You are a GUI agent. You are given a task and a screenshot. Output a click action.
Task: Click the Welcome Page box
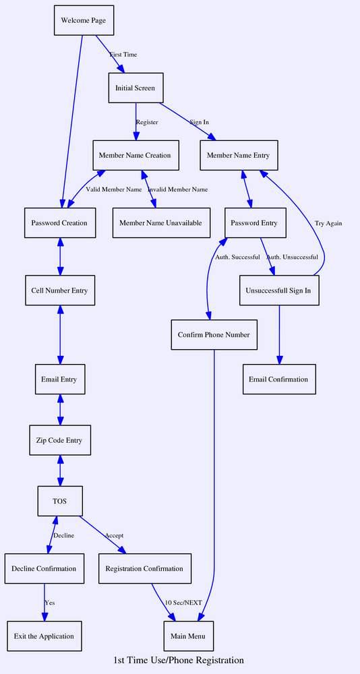click(x=83, y=21)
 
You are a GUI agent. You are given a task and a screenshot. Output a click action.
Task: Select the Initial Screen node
click(x=136, y=88)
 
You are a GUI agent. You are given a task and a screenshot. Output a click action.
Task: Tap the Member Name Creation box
click(x=135, y=156)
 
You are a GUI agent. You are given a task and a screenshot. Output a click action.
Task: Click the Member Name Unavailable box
click(x=160, y=223)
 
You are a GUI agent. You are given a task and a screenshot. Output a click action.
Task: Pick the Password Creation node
click(x=59, y=223)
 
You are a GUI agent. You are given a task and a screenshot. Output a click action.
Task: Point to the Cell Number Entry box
click(x=59, y=290)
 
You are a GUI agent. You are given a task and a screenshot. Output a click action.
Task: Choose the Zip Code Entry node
click(x=59, y=441)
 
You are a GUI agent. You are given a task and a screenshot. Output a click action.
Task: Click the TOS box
click(x=59, y=501)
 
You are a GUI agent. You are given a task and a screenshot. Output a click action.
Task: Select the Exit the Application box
click(x=44, y=636)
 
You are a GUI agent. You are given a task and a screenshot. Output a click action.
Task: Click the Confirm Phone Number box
click(x=214, y=335)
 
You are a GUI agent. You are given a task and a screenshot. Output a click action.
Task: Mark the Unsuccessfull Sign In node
click(x=279, y=290)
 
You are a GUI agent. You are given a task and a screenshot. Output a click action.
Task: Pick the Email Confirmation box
click(x=278, y=379)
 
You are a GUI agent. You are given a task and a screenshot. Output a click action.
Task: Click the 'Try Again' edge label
click(x=328, y=223)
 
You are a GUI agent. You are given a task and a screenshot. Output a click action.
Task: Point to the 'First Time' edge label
click(x=123, y=55)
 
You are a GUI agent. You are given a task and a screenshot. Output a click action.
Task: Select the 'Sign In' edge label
click(x=199, y=122)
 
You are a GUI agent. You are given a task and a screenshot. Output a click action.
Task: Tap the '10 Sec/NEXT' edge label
click(x=183, y=602)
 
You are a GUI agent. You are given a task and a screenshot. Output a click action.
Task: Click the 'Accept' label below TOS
click(x=114, y=535)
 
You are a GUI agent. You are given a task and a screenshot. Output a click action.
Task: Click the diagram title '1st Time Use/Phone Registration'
click(x=179, y=661)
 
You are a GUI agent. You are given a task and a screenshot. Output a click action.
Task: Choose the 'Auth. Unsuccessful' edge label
click(x=292, y=257)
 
